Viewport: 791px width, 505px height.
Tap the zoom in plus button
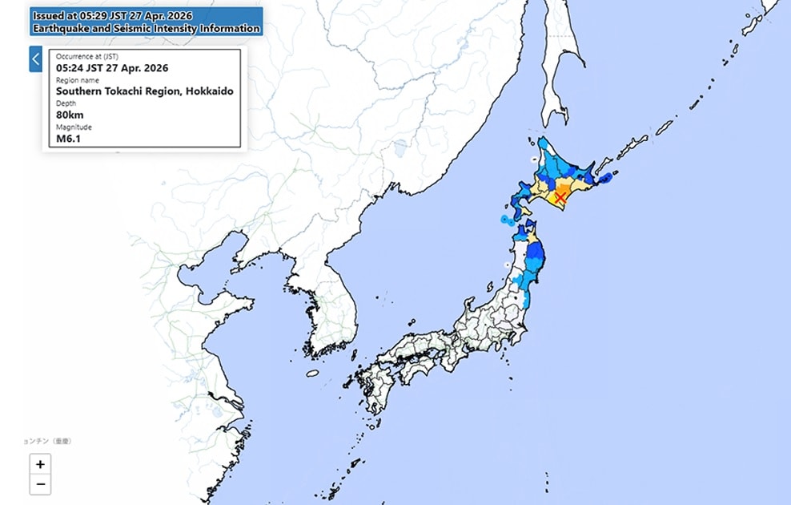point(40,464)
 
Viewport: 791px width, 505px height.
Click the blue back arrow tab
point(35,59)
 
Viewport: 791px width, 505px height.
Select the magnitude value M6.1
point(68,138)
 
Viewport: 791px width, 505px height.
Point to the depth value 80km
point(70,115)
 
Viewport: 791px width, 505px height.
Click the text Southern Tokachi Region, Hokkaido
point(144,91)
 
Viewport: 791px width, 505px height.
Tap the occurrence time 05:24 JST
point(112,67)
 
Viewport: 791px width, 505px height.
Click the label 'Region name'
point(78,80)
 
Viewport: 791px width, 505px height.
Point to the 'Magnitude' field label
point(74,127)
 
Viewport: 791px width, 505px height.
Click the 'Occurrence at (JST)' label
point(89,56)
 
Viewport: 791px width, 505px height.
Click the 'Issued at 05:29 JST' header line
point(112,16)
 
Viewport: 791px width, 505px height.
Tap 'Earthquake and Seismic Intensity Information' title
point(146,29)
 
